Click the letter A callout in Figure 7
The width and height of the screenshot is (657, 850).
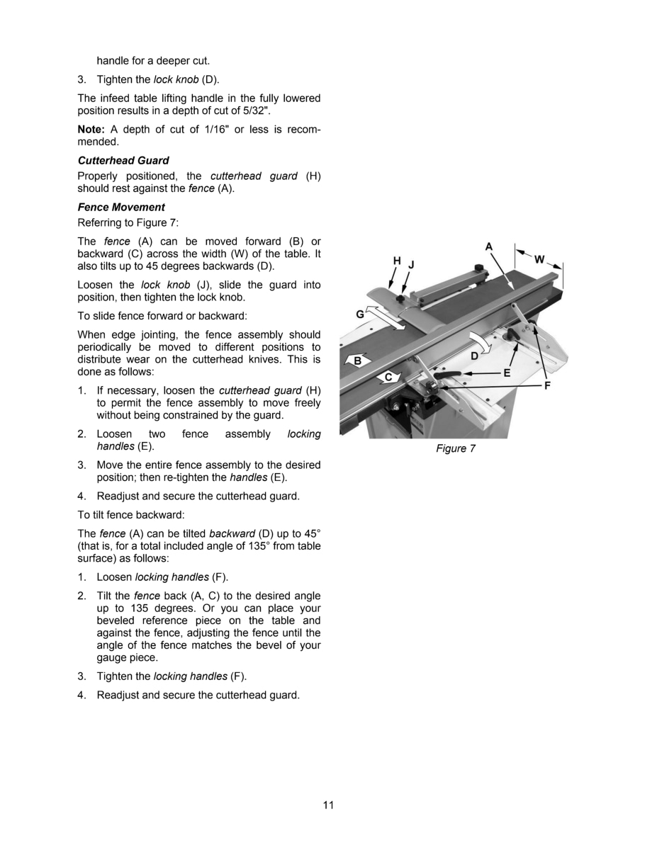point(489,246)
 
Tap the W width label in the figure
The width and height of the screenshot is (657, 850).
point(540,259)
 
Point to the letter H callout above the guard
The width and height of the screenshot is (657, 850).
point(397,261)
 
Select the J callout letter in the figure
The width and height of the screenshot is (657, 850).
point(411,264)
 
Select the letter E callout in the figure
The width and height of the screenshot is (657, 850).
point(507,372)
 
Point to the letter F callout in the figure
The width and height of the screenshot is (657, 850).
point(547,385)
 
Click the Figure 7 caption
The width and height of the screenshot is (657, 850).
point(451,448)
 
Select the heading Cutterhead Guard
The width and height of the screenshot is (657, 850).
point(123,161)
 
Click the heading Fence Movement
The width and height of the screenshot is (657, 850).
point(121,207)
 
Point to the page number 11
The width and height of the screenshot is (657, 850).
point(328,805)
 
